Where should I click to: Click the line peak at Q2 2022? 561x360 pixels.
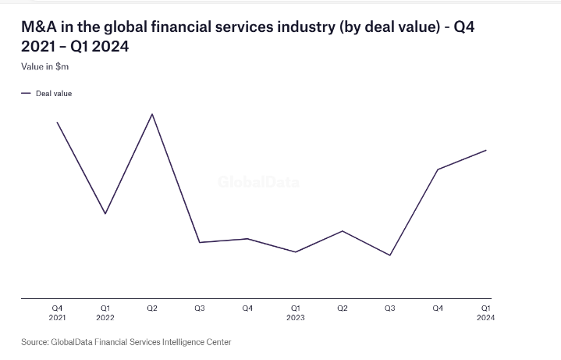coord(152,114)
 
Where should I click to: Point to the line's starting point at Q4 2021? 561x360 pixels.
coord(57,122)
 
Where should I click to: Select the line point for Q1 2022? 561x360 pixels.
coord(105,214)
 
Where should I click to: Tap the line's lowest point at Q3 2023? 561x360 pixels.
coord(390,255)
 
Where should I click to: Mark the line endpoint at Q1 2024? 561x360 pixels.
coord(486,150)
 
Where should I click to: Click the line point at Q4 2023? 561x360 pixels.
coord(438,169)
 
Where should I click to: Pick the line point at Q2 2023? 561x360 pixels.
coord(343,230)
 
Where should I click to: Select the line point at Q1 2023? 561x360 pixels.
coord(295,252)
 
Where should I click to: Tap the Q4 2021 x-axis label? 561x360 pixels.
coord(57,312)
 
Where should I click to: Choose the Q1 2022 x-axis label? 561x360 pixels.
coord(105,312)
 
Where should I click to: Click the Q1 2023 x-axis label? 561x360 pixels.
coord(295,312)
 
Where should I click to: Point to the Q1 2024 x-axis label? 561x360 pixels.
coord(485,312)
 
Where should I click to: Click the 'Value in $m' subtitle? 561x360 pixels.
coord(45,66)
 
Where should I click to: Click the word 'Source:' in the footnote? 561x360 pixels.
coord(34,342)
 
